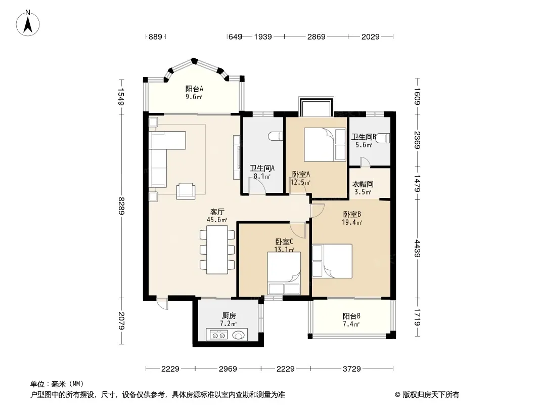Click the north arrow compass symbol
28,23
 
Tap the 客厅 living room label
217,212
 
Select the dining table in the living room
217,250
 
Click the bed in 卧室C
284,273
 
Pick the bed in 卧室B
332,261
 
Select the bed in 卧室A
325,144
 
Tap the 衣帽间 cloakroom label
363,184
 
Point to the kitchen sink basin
239,335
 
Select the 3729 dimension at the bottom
351,369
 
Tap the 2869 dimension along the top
316,36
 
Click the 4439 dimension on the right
417,248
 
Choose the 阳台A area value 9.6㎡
194,97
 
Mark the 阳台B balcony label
351,316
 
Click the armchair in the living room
186,191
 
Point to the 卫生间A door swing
257,185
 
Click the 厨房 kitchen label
229,315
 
